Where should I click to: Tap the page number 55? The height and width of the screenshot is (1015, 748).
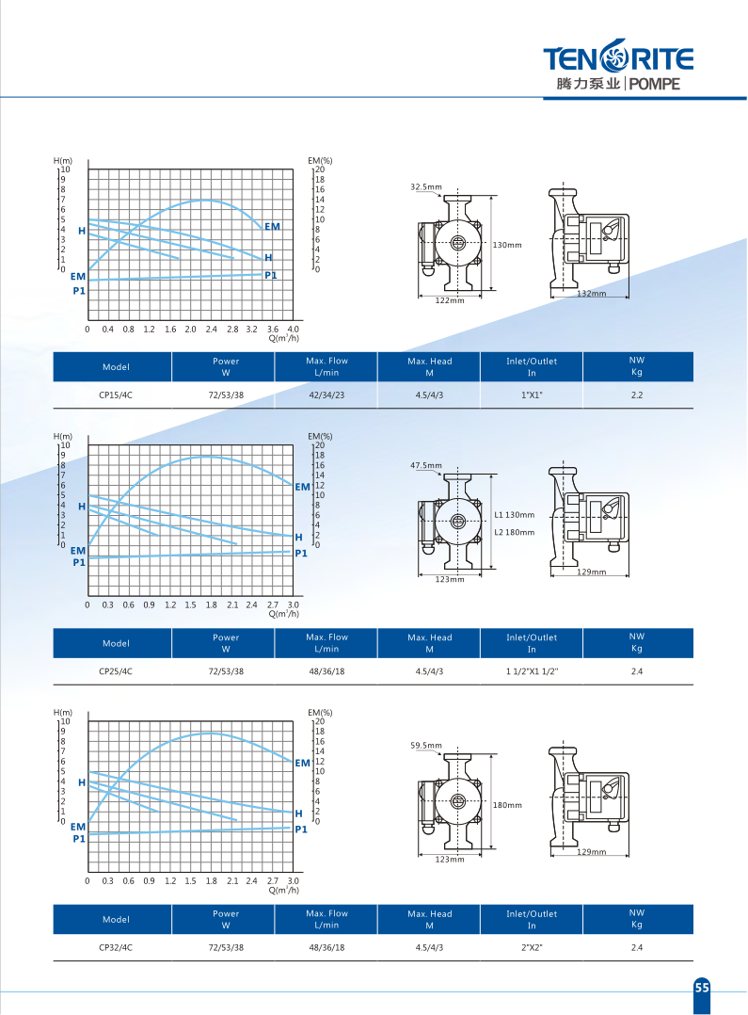point(702,987)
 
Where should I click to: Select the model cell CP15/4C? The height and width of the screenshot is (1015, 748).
point(116,395)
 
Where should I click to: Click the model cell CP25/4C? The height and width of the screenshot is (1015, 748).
point(116,671)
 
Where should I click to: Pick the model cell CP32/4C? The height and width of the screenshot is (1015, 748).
point(116,947)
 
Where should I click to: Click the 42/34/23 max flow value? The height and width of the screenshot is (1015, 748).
point(326,395)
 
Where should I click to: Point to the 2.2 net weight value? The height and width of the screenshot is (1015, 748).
point(637,395)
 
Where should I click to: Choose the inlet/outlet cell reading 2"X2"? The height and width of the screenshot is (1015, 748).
point(532,947)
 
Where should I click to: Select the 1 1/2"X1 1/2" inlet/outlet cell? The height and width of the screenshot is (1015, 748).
point(532,671)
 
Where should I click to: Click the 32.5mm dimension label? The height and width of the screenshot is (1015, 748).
point(426,187)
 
